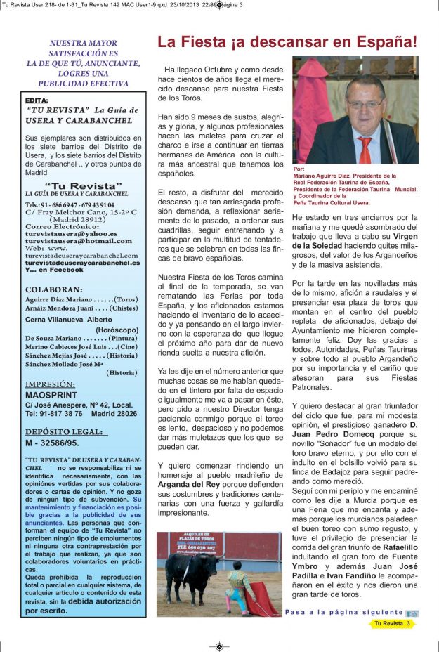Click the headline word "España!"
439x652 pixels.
[x=385, y=41]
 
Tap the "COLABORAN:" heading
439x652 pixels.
[x=53, y=289]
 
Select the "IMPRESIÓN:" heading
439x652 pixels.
[x=50, y=384]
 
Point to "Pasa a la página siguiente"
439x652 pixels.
[x=344, y=612]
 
